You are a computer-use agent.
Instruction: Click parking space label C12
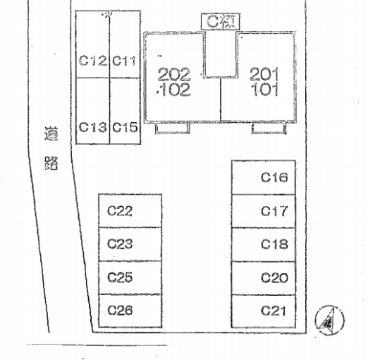point(92,61)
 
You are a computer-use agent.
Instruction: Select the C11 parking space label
point(124,61)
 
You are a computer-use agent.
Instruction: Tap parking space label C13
point(92,127)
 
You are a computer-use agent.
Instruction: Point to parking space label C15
point(125,127)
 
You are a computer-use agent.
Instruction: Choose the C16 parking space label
point(274,177)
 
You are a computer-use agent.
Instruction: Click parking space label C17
point(274,211)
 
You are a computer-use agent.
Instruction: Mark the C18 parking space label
point(274,244)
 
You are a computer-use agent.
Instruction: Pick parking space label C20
point(274,277)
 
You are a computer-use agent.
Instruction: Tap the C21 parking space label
point(274,311)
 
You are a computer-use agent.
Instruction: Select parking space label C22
point(120,210)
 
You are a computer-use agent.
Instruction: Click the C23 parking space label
point(120,244)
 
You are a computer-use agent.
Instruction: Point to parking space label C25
point(120,277)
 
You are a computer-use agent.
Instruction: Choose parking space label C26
point(120,310)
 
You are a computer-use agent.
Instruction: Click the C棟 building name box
point(221,22)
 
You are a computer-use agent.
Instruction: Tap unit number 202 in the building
point(174,75)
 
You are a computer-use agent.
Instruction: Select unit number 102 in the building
point(174,90)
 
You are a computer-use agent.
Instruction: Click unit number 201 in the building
point(264,74)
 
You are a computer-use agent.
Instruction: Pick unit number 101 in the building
point(264,89)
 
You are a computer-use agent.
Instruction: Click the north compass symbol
point(329,320)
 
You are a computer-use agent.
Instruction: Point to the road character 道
point(51,134)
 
